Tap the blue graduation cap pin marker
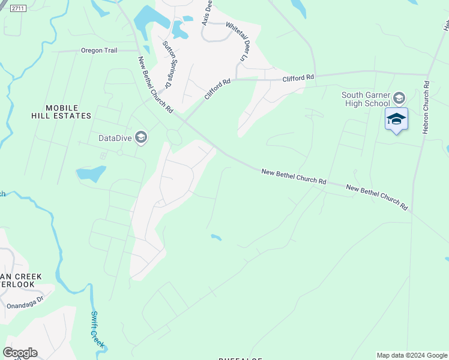[396, 119]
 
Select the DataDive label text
[116, 138]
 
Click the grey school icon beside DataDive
[141, 138]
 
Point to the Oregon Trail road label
[98, 51]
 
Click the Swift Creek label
[98, 329]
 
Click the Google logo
[20, 353]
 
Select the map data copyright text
[412, 355]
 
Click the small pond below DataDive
[91, 173]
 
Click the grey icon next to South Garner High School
[400, 98]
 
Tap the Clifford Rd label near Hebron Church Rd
[299, 78]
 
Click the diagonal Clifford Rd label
[217, 90]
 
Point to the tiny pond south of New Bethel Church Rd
[216, 238]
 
